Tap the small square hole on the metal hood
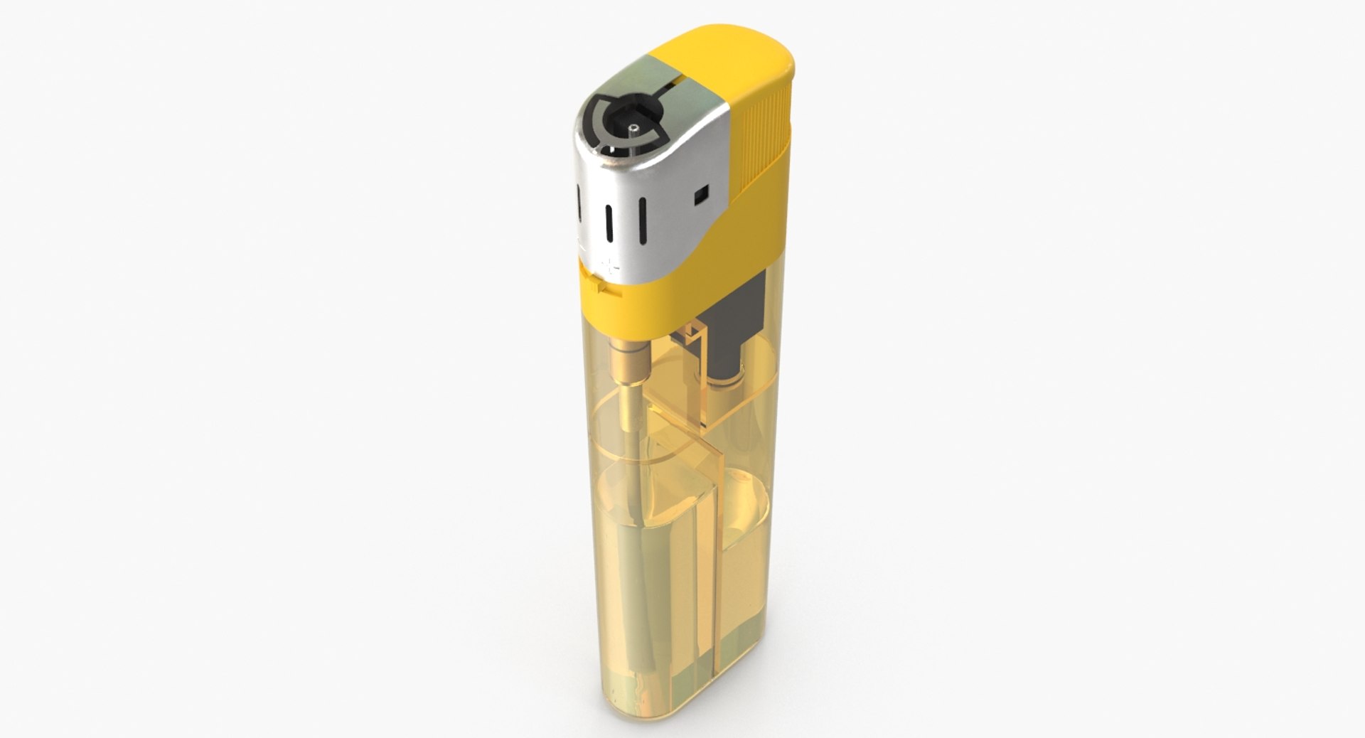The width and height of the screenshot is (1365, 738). [702, 193]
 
